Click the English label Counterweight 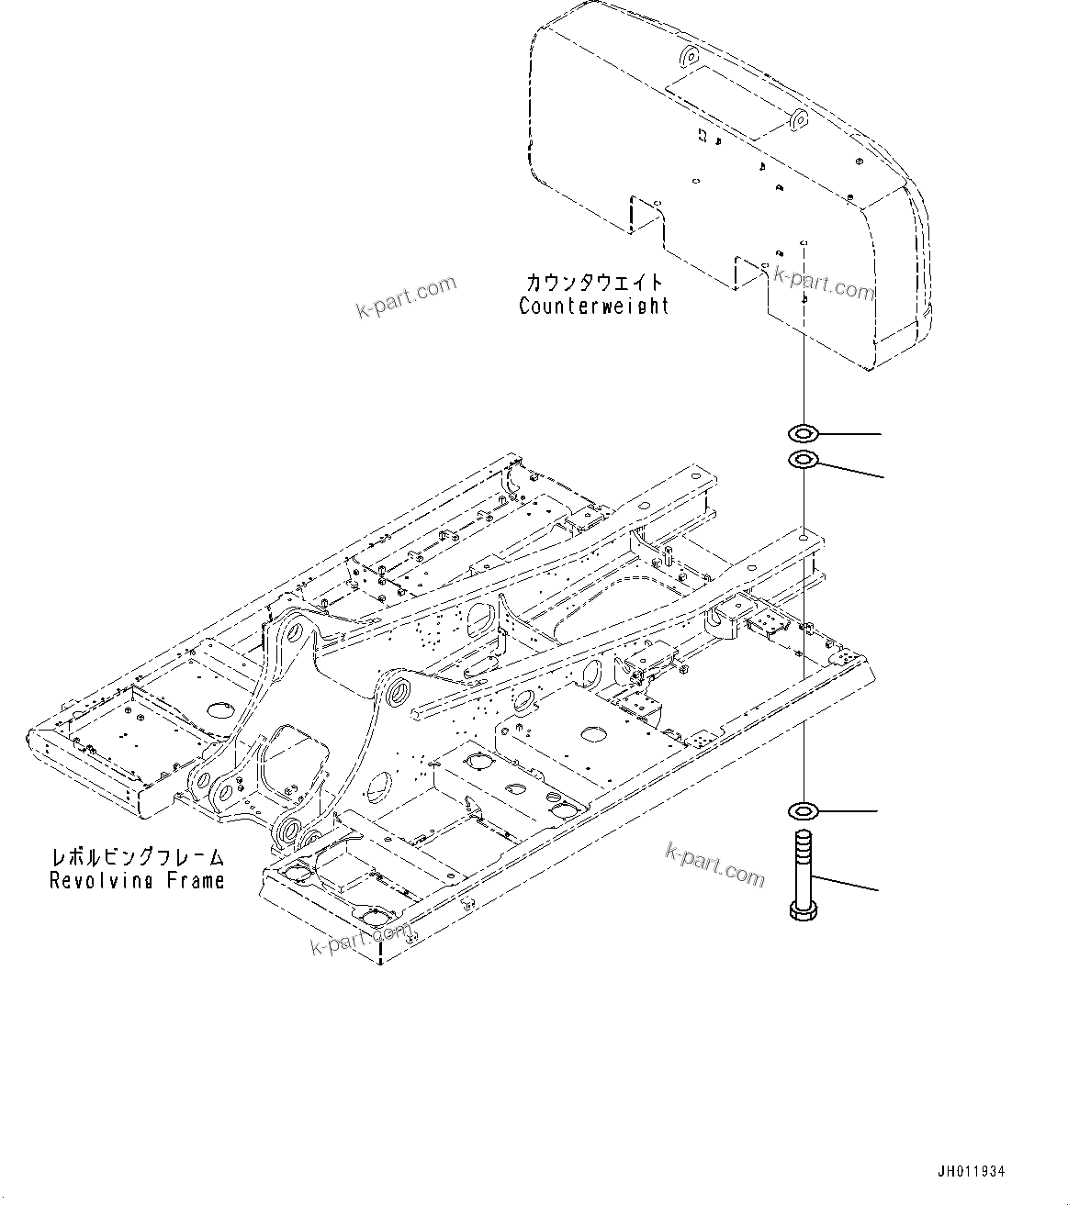[594, 306]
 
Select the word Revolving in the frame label [100, 881]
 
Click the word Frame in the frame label [194, 881]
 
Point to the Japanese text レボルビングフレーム [137, 858]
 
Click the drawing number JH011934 [971, 1172]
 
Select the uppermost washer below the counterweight [803, 431]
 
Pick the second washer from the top [803, 459]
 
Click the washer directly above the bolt [803, 810]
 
